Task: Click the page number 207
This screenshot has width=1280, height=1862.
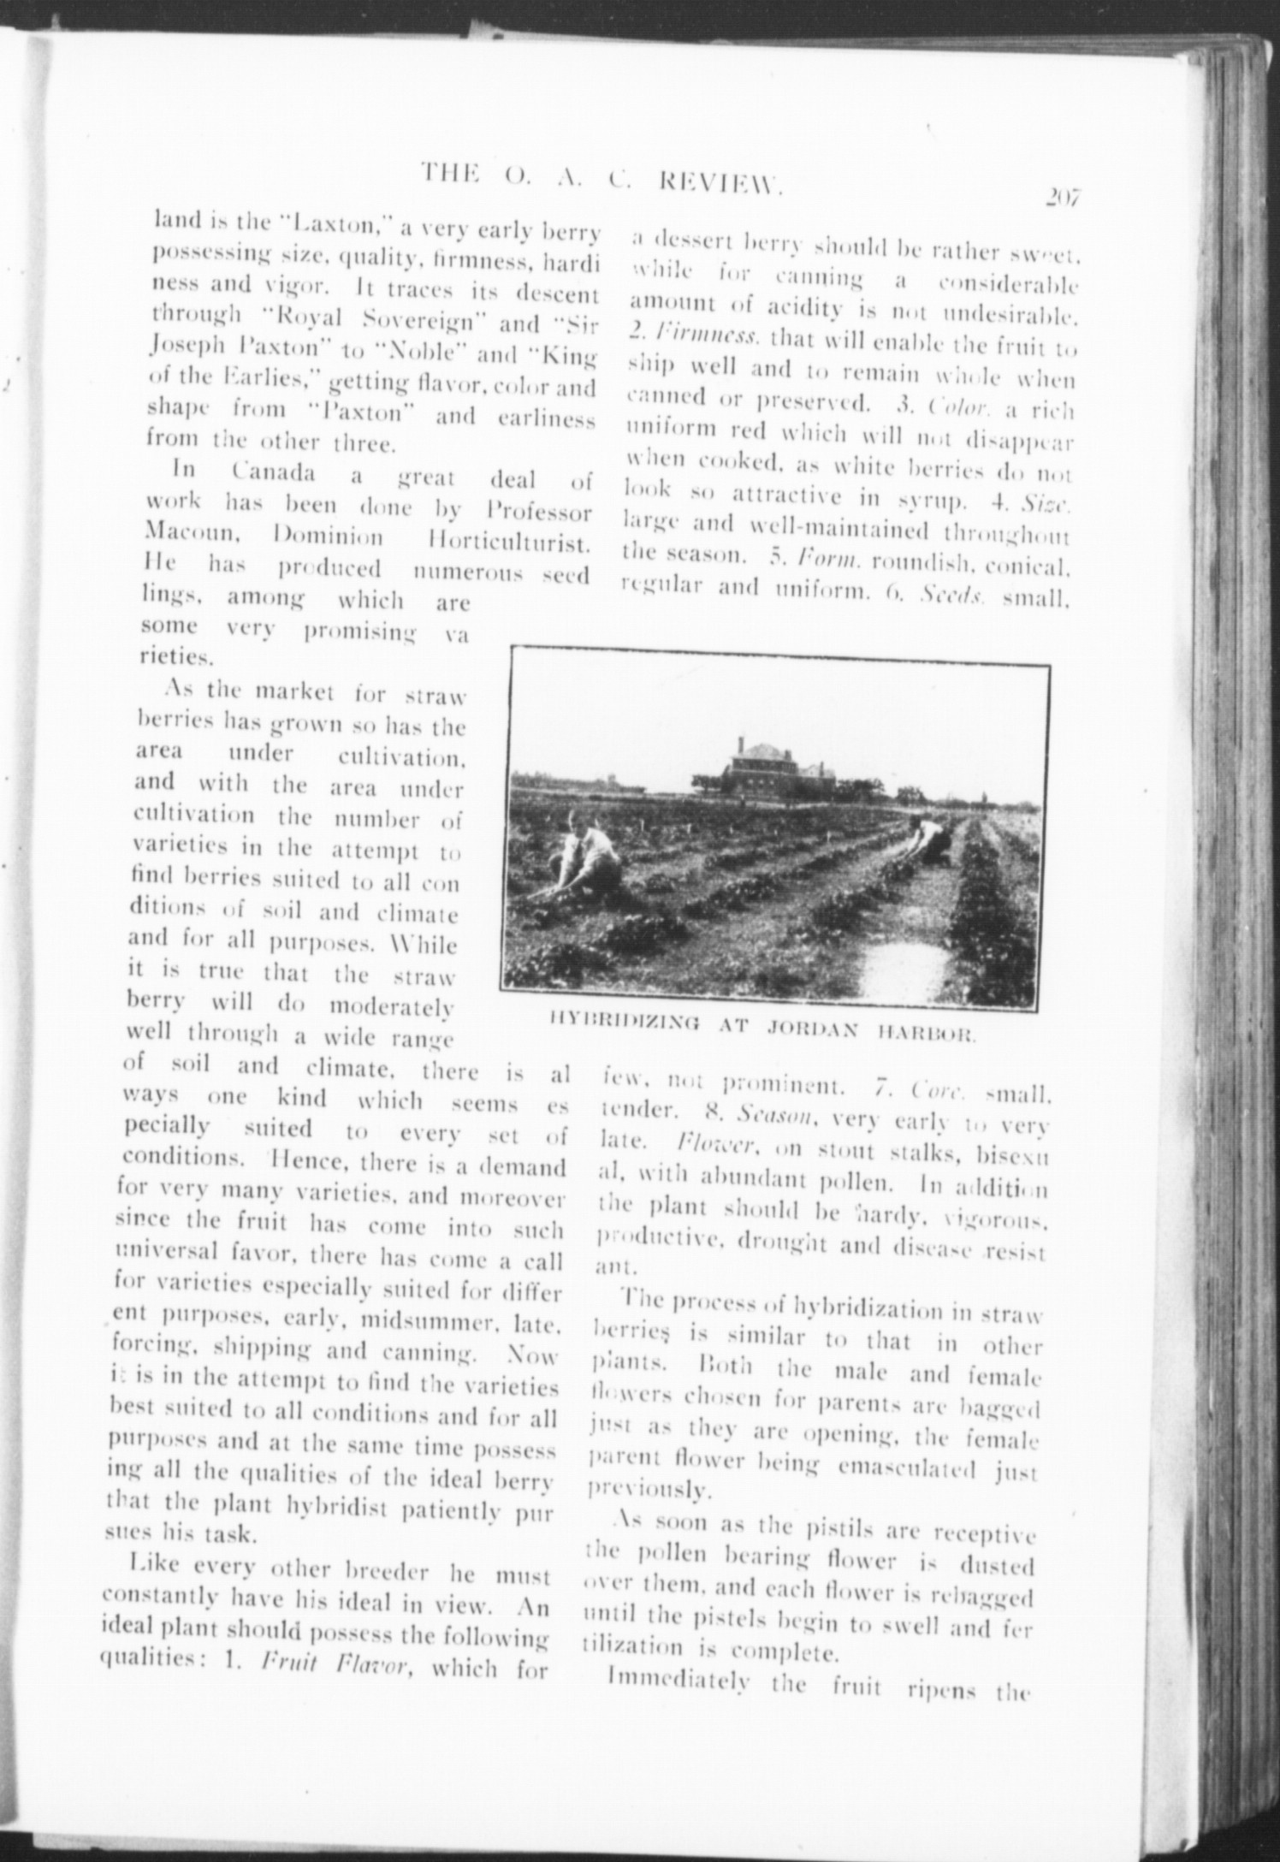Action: (x=1064, y=198)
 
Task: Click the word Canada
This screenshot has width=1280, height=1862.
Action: (x=273, y=472)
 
